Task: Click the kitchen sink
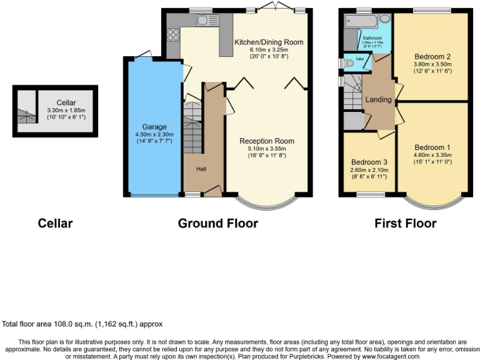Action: click(206, 20)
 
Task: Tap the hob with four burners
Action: click(173, 34)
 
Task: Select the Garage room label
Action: click(154, 127)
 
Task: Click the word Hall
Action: click(201, 169)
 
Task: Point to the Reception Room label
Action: click(267, 141)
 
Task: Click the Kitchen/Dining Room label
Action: click(269, 42)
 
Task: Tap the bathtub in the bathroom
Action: click(360, 22)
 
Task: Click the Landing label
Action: click(379, 99)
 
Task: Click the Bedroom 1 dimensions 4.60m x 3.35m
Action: click(432, 155)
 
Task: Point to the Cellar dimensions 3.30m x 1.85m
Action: click(66, 110)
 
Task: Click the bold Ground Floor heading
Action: click(217, 223)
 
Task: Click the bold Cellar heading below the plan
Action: click(56, 223)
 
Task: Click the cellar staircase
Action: click(26, 113)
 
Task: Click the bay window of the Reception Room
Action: click(267, 204)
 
